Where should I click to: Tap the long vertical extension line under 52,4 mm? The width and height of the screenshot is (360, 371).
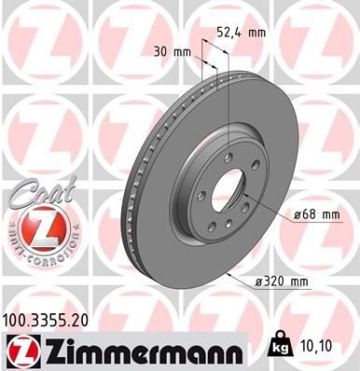coord(227,103)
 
